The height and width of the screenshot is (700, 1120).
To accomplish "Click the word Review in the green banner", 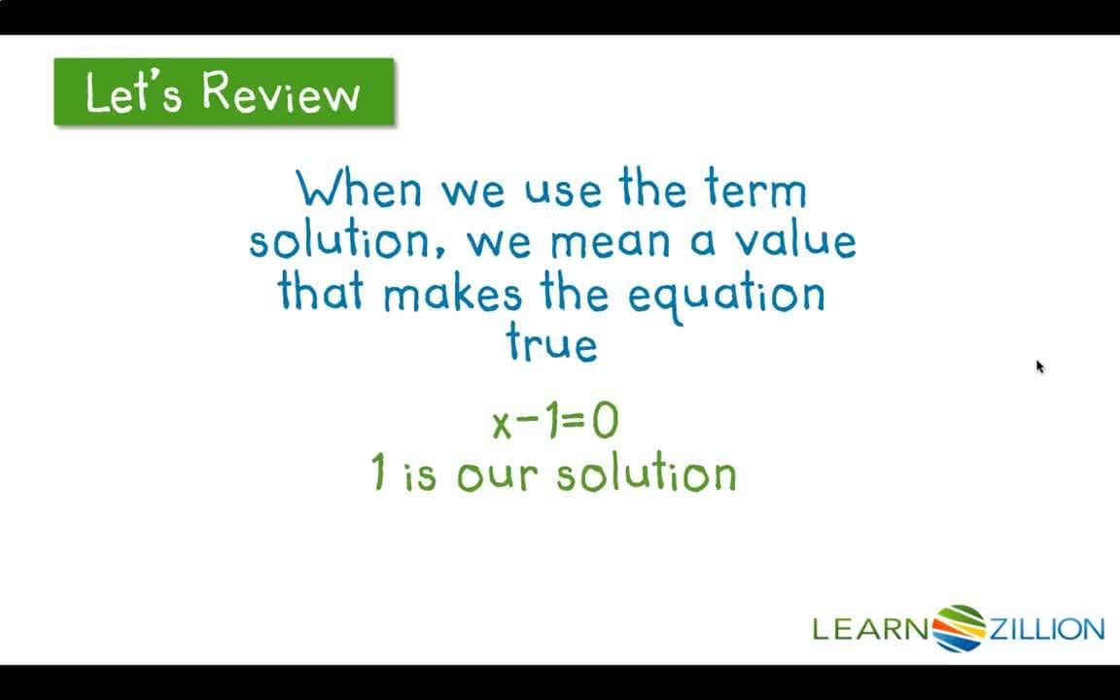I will [x=281, y=93].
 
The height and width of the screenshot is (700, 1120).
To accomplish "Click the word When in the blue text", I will [x=360, y=189].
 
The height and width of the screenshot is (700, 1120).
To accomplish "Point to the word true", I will [x=551, y=343].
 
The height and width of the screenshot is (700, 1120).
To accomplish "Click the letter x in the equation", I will [x=502, y=424].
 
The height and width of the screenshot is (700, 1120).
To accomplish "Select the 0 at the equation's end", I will [x=604, y=422].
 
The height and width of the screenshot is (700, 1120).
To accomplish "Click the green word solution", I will [x=647, y=473].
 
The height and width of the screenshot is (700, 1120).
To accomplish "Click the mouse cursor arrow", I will [x=1038, y=366].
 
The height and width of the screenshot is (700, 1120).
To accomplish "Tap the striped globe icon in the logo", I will [x=959, y=628].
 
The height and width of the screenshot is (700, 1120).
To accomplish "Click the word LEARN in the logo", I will [x=871, y=629].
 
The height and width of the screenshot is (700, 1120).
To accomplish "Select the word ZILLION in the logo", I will [x=1046, y=629].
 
